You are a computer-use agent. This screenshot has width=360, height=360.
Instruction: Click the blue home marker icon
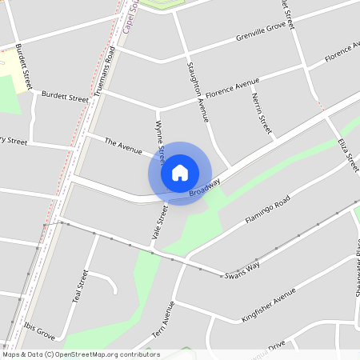180,173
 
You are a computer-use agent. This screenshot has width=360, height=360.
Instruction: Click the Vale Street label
158,223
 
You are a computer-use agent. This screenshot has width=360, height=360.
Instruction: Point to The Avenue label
123,146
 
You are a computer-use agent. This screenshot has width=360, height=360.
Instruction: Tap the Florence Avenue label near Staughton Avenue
231,84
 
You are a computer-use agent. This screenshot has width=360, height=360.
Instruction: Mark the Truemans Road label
104,72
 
